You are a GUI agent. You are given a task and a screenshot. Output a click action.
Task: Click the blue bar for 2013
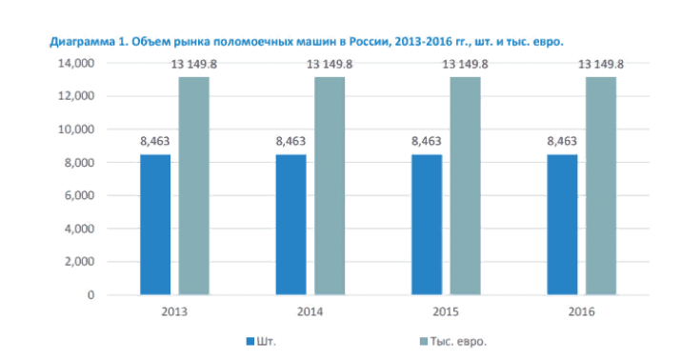click(155, 225)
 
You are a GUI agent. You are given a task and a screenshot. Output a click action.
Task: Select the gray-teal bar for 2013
click(194, 186)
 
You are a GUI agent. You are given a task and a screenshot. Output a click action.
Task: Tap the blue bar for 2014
click(290, 225)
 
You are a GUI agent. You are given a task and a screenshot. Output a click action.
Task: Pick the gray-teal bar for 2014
click(330, 186)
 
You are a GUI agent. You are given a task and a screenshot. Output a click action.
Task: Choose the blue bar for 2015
click(426, 225)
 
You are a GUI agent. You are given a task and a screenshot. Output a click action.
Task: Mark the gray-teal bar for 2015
click(466, 186)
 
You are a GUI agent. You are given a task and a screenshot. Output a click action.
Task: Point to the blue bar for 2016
click(561, 225)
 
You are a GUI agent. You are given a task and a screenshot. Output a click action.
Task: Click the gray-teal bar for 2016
click(601, 186)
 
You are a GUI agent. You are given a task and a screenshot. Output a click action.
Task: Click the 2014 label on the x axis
click(310, 312)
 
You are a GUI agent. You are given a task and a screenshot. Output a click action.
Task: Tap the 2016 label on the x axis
click(580, 312)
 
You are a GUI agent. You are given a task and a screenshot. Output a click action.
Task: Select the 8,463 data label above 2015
click(426, 142)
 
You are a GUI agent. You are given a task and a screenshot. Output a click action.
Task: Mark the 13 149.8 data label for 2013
click(194, 64)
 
